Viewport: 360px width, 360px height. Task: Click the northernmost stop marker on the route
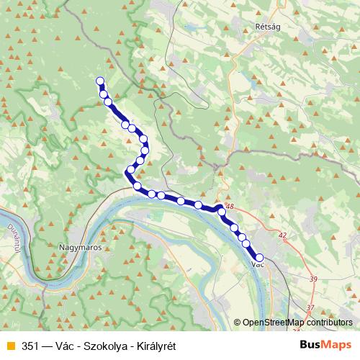tap(100, 81)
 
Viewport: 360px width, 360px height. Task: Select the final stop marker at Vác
tap(259, 257)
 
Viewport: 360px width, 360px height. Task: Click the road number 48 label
tap(230, 207)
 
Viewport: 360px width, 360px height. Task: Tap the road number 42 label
tap(282, 235)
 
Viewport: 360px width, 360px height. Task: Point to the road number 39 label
tap(312, 279)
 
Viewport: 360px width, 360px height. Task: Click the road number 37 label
tap(310, 308)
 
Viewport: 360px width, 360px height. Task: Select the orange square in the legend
tap(9, 346)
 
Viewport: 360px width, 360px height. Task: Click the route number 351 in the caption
tap(31, 346)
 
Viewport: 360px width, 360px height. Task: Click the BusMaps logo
tap(326, 345)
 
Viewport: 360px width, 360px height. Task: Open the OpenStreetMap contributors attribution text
tap(297, 323)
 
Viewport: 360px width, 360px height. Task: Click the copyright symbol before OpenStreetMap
tap(237, 323)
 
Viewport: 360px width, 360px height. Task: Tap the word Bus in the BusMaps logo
tap(312, 345)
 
